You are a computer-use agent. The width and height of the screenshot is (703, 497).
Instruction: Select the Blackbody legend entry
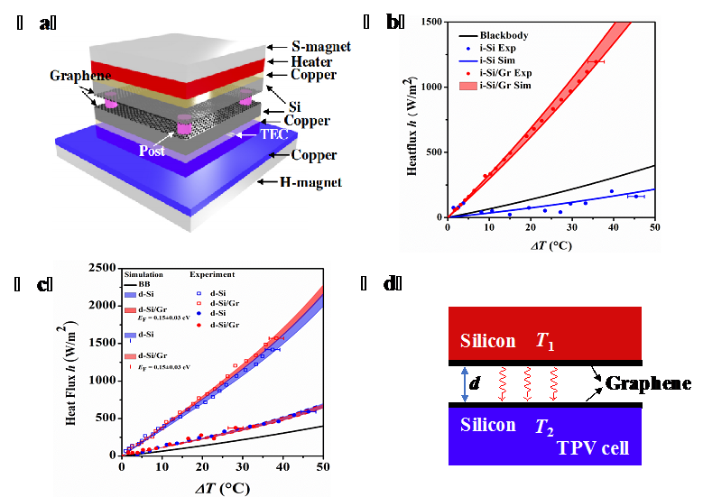click(x=504, y=35)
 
